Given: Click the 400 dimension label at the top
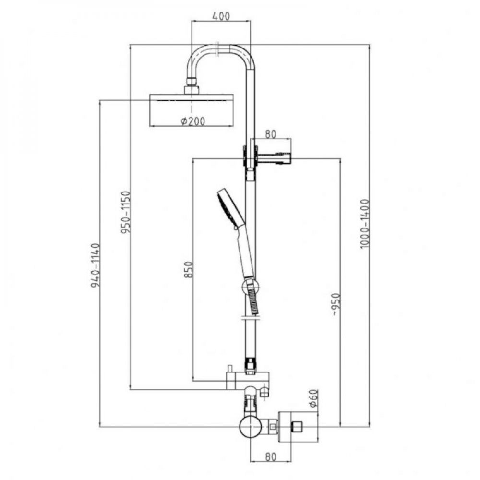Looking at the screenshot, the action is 221,16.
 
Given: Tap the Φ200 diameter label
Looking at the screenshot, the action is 193,121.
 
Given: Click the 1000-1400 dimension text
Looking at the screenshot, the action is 365,224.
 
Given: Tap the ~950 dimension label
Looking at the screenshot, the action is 336,304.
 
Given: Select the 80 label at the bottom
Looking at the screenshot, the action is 270,457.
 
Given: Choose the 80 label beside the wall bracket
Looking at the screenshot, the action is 270,134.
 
